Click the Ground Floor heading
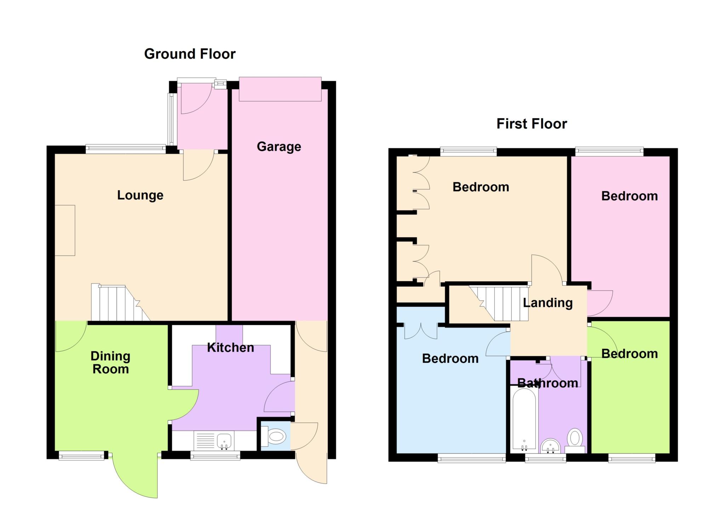pyautogui.click(x=190, y=54)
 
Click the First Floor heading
pyautogui.click(x=532, y=124)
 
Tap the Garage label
pyautogui.click(x=279, y=147)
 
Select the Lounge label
pyautogui.click(x=140, y=195)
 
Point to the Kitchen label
pyautogui.click(x=230, y=348)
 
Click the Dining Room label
pyautogui.click(x=110, y=362)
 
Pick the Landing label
pyautogui.click(x=548, y=303)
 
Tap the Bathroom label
pyautogui.click(x=548, y=383)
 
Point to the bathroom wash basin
pyautogui.click(x=550, y=446)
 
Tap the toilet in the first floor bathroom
pyautogui.click(x=575, y=441)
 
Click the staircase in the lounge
pyautogui.click(x=120, y=302)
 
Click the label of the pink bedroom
pyautogui.click(x=629, y=196)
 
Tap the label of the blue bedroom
pyautogui.click(x=450, y=359)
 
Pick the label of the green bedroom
pyautogui.click(x=629, y=354)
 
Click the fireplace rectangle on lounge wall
pyautogui.click(x=65, y=230)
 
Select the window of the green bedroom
pyautogui.click(x=632, y=458)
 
